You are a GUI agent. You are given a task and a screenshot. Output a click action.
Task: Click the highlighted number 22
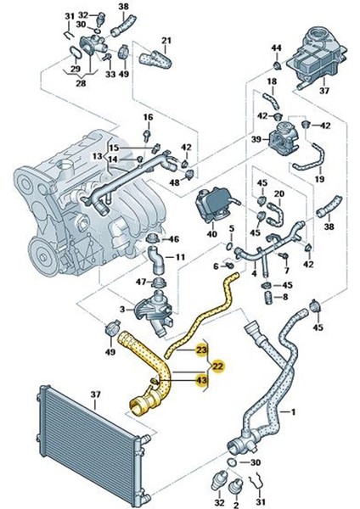point(218,366)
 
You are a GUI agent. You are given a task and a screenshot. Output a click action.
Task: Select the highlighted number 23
point(201,349)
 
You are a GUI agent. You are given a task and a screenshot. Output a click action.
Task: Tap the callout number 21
point(166,41)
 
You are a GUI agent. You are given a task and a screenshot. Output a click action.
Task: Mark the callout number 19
point(320,180)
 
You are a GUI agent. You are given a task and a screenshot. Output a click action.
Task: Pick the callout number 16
point(147,117)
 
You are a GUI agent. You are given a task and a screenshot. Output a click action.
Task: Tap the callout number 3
point(122,310)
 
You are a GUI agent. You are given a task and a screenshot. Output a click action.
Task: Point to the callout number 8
point(286,298)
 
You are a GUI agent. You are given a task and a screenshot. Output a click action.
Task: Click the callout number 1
point(294,413)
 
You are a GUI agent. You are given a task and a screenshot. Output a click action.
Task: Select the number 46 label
point(174,240)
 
